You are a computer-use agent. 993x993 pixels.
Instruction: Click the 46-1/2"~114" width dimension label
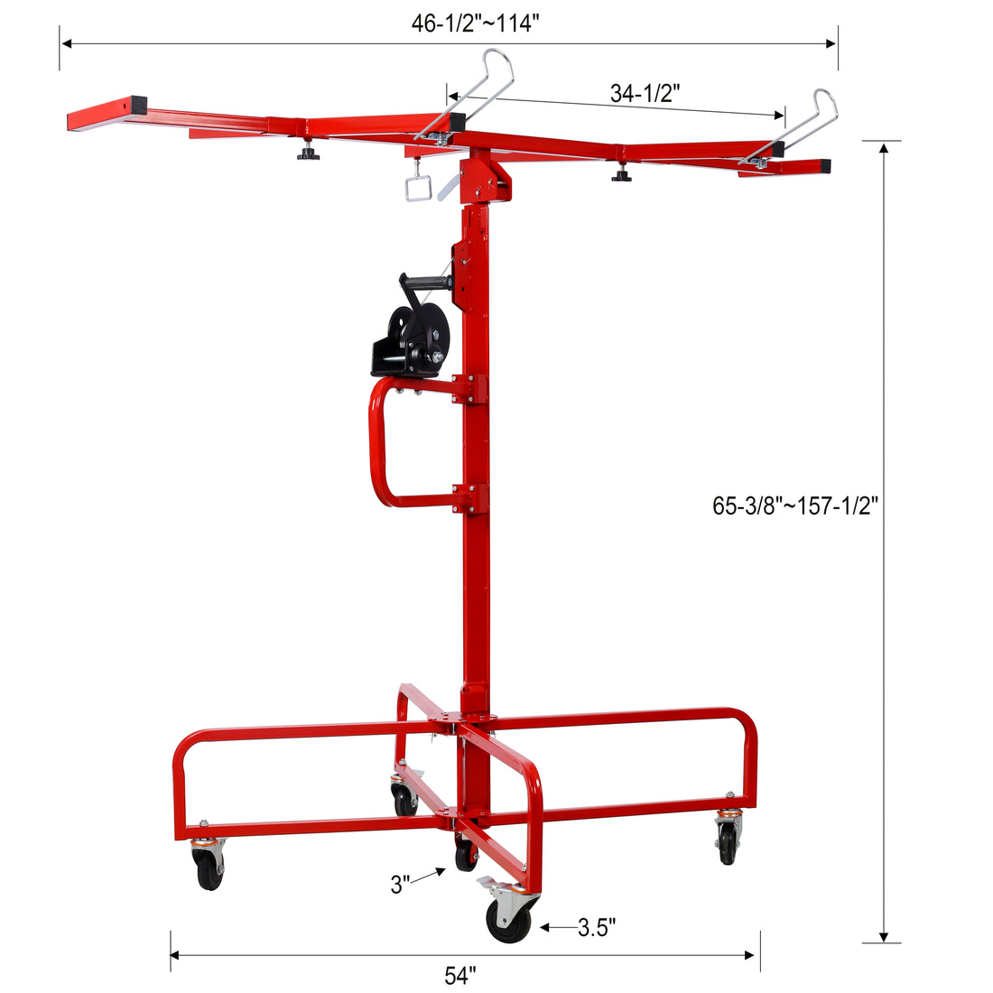click(475, 24)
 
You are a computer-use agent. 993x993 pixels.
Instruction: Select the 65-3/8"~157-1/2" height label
click(795, 506)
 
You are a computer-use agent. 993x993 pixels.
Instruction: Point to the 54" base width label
click(459, 976)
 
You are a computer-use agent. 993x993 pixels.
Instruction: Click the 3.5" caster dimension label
click(597, 927)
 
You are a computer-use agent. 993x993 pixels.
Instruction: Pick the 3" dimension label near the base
click(401, 885)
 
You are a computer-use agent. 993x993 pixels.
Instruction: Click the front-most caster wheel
click(508, 920)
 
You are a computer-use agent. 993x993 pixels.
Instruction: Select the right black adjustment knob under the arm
click(621, 175)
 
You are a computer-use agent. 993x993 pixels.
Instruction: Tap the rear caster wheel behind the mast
click(404, 799)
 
